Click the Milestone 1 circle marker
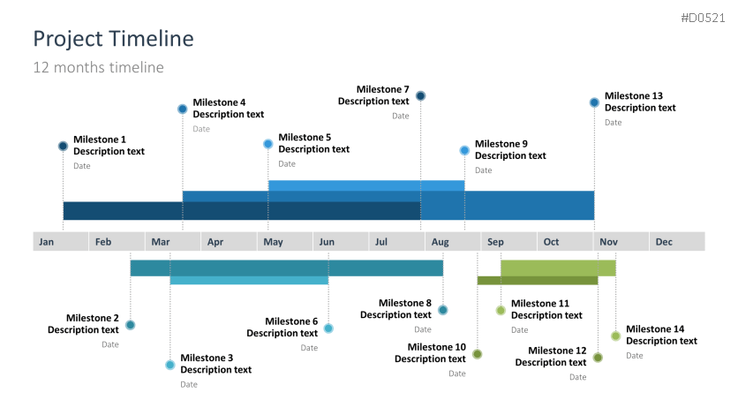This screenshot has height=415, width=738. pyautogui.click(x=63, y=147)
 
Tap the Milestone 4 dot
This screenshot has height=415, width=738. pyautogui.click(x=183, y=109)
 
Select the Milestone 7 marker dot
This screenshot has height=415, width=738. pyautogui.click(x=421, y=96)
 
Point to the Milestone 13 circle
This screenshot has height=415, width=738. pyautogui.click(x=594, y=102)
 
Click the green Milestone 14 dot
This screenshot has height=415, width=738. pyautogui.click(x=615, y=336)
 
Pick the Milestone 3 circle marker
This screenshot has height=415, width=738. pyautogui.click(x=170, y=365)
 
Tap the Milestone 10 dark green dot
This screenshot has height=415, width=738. pyautogui.click(x=478, y=354)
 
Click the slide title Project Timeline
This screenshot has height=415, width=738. pyautogui.click(x=113, y=39)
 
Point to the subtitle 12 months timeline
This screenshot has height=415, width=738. pyautogui.click(x=98, y=67)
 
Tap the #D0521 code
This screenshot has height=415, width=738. pyautogui.click(x=704, y=19)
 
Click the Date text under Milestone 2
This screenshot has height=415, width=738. pyautogui.click(x=109, y=344)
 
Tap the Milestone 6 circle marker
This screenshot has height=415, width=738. pyautogui.click(x=328, y=328)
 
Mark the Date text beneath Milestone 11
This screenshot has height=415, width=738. pyautogui.click(x=519, y=330)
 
